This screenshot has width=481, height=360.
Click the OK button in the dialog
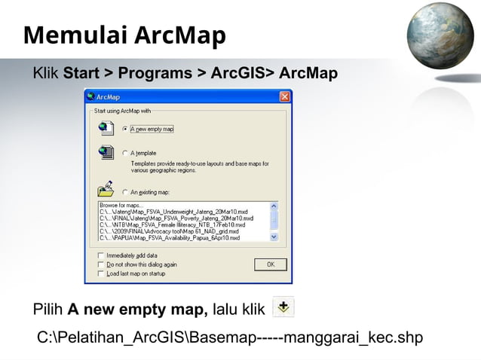(270, 264)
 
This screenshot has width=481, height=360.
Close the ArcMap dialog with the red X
(284, 96)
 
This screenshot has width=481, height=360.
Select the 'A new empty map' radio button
(125, 129)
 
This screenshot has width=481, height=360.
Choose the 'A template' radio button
(125, 153)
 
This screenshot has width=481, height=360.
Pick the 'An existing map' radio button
(125, 192)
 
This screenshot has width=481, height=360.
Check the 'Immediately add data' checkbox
(101, 256)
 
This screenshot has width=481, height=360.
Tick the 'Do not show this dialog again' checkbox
(101, 264)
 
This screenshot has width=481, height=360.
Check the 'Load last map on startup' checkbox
(101, 273)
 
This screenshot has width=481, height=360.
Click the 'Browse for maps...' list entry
(120, 205)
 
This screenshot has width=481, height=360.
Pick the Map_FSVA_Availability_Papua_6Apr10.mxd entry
(170, 238)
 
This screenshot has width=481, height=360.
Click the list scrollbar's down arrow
(274, 237)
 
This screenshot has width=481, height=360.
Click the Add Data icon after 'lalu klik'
(283, 307)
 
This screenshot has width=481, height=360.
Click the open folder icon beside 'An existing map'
(105, 189)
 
